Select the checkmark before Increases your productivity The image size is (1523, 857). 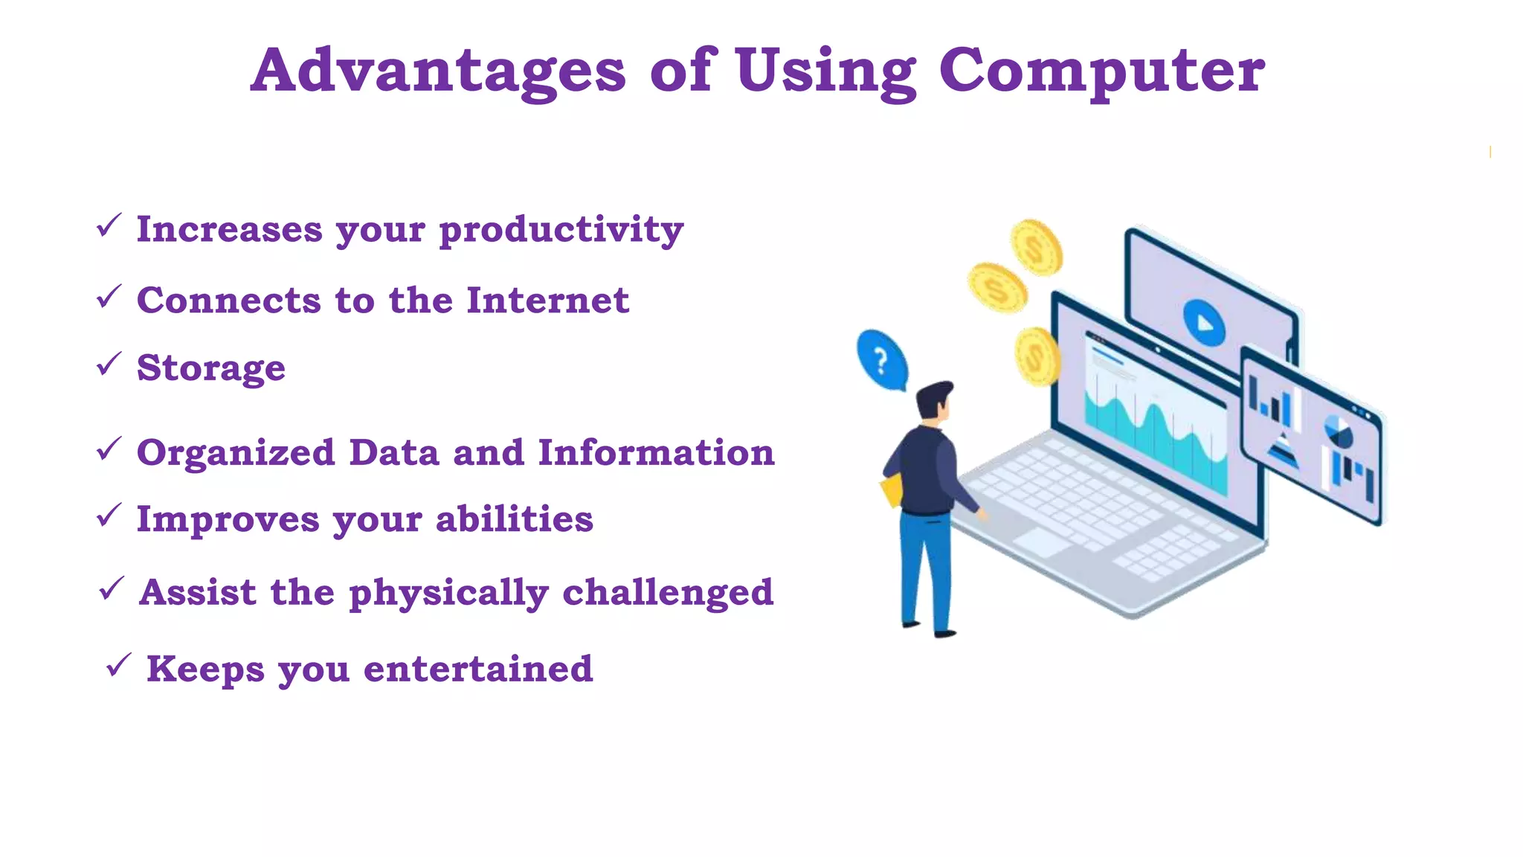[x=109, y=225]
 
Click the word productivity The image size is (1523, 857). [x=561, y=230]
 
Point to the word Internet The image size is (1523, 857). [x=547, y=301]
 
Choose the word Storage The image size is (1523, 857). [x=211, y=368]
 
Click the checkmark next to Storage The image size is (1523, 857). [x=109, y=364]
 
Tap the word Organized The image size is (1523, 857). [x=236, y=453]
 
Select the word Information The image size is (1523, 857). [x=656, y=452]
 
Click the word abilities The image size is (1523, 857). [x=514, y=519]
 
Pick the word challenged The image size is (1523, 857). [x=668, y=593]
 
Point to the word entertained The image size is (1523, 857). [x=478, y=669]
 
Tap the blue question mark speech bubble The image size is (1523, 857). [x=882, y=360]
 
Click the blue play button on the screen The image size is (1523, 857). [x=1203, y=323]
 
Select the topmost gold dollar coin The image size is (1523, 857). [x=1036, y=248]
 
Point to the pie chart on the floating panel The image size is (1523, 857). [x=1339, y=431]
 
